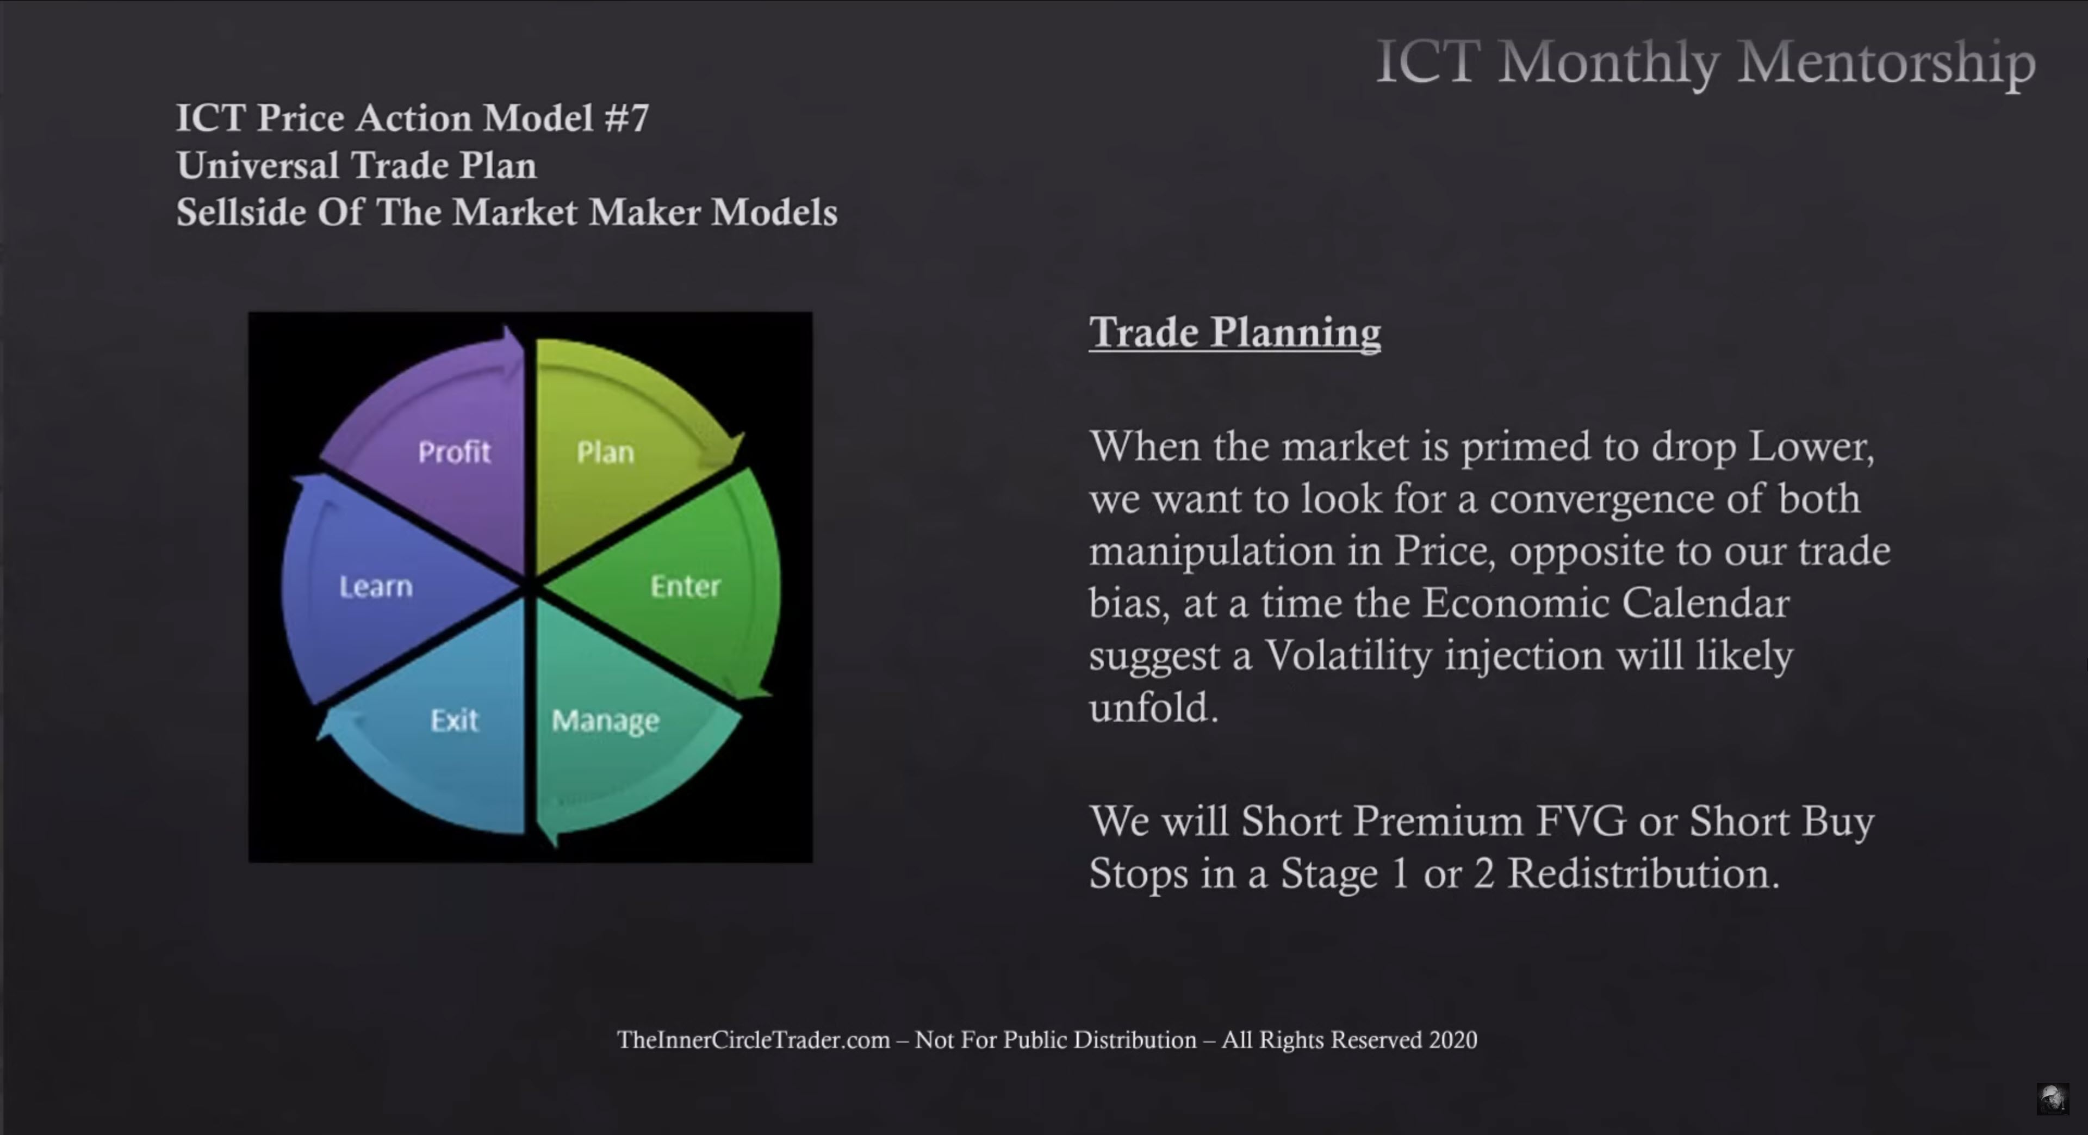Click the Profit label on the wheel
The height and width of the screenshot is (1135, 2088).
(455, 451)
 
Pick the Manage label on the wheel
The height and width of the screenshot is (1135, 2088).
(606, 721)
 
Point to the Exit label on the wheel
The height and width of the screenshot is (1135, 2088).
(454, 720)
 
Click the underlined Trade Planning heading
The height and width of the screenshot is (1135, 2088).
(1234, 332)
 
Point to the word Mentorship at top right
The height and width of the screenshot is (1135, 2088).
(1887, 63)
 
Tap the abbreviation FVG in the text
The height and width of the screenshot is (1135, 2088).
(1581, 821)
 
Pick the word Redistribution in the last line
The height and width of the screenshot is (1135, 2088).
(1643, 873)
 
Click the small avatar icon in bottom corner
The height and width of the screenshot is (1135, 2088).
(2052, 1099)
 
